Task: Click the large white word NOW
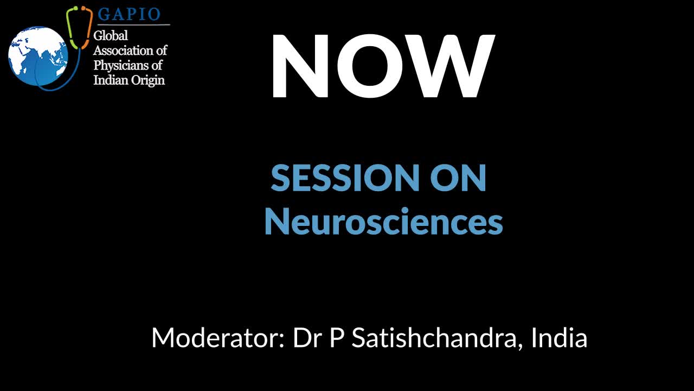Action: pyautogui.click(x=383, y=66)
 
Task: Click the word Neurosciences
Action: pyautogui.click(x=384, y=221)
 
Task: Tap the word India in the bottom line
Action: pyautogui.click(x=559, y=338)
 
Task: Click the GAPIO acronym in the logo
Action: pyautogui.click(x=129, y=14)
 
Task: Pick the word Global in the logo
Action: pyautogui.click(x=111, y=36)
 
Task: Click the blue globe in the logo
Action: pyautogui.click(x=38, y=56)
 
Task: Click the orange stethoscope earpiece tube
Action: pyautogui.click(x=87, y=27)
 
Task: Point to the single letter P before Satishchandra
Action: pyautogui.click(x=337, y=338)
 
